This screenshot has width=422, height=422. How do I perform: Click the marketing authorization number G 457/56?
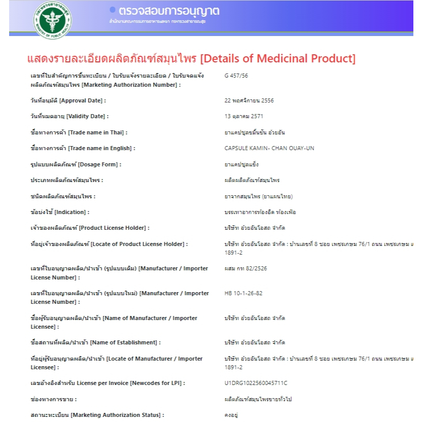[236, 76]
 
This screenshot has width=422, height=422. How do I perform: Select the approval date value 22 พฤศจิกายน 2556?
[249, 100]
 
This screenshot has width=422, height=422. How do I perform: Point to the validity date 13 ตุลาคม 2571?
[243, 117]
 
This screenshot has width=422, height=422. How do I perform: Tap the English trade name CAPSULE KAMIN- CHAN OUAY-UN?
[269, 149]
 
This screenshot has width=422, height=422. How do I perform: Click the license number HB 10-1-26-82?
[243, 293]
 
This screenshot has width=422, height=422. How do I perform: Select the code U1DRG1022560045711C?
[259, 383]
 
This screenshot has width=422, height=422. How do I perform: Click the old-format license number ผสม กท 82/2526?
[245, 268]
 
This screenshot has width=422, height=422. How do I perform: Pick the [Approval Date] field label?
[68, 100]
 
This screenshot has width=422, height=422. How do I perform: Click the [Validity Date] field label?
[69, 117]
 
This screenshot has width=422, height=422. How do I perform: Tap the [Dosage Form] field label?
[76, 164]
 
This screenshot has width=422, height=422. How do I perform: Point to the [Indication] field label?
[60, 212]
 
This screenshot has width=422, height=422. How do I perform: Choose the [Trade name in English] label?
[83, 149]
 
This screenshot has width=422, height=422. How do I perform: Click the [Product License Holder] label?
[90, 228]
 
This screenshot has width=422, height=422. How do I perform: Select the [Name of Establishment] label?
[95, 342]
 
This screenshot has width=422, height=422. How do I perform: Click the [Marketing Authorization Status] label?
[97, 415]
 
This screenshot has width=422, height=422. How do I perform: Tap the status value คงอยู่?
[231, 415]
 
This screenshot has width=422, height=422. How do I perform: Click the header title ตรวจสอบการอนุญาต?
[169, 11]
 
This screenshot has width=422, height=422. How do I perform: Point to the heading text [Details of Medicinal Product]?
[278, 58]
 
